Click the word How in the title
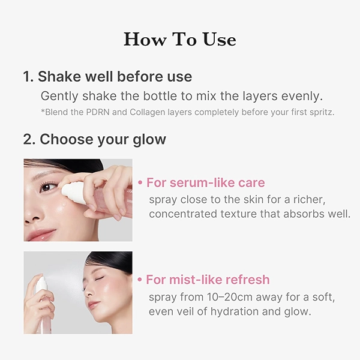(145, 39)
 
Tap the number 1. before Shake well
(28, 76)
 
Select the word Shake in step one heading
(59, 76)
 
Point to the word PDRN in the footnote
(98, 112)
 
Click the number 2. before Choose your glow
(29, 139)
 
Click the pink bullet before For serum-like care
(140, 183)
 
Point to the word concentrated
(183, 214)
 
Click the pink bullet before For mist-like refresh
(140, 280)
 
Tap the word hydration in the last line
(234, 311)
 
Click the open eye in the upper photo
(48, 187)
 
